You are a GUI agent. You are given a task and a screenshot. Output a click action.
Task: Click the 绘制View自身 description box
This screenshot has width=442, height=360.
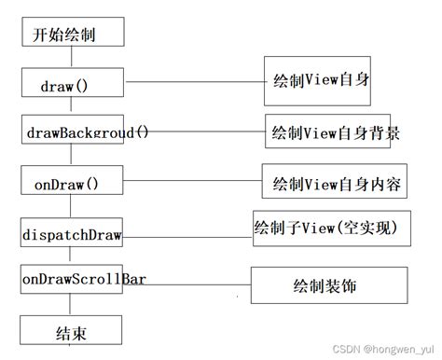[316, 80]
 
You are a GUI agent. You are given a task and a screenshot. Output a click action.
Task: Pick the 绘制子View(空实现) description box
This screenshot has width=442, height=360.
[332, 228]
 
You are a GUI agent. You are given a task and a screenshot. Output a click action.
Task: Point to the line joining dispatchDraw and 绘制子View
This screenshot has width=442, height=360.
[187, 234]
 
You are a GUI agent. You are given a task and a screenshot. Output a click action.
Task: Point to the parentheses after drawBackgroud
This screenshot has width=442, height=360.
[141, 132]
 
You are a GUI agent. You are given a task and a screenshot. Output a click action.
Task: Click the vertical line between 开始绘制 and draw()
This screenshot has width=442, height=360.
[69, 59]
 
